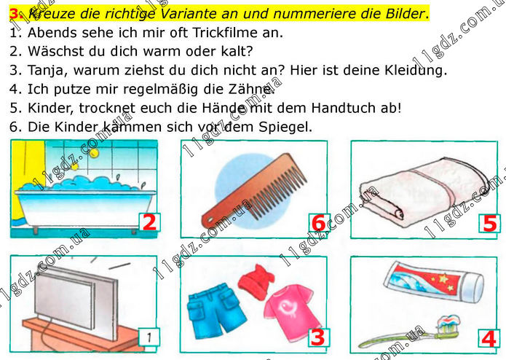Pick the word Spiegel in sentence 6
coord(285,127)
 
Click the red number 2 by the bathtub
coord(149,222)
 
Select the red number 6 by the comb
coord(319,223)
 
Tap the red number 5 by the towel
coord(489,224)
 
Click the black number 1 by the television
coord(149,337)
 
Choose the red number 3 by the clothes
coord(318,337)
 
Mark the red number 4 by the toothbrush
coord(489,339)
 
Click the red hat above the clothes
coord(256,281)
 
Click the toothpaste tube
coord(434,281)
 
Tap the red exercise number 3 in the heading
coord(15,14)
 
